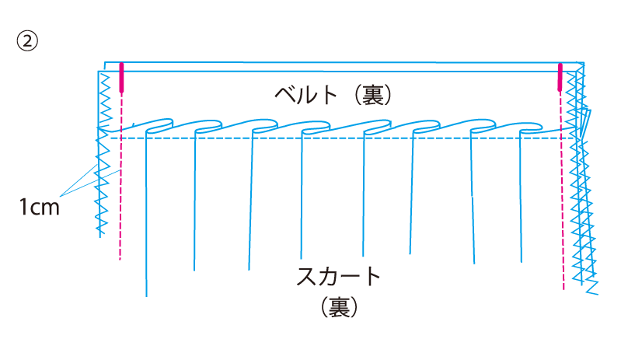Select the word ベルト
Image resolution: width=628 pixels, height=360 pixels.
[x=308, y=95]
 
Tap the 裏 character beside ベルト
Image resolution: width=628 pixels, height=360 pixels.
[x=369, y=96]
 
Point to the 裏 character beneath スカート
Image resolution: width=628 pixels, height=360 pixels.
[x=339, y=307]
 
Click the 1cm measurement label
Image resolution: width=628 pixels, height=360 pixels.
[x=40, y=208]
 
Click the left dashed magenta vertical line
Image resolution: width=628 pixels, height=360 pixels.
[x=120, y=202]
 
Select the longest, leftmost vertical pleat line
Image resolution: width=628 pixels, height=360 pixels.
[x=145, y=218]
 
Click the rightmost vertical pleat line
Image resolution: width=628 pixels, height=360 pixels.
[x=522, y=194]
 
